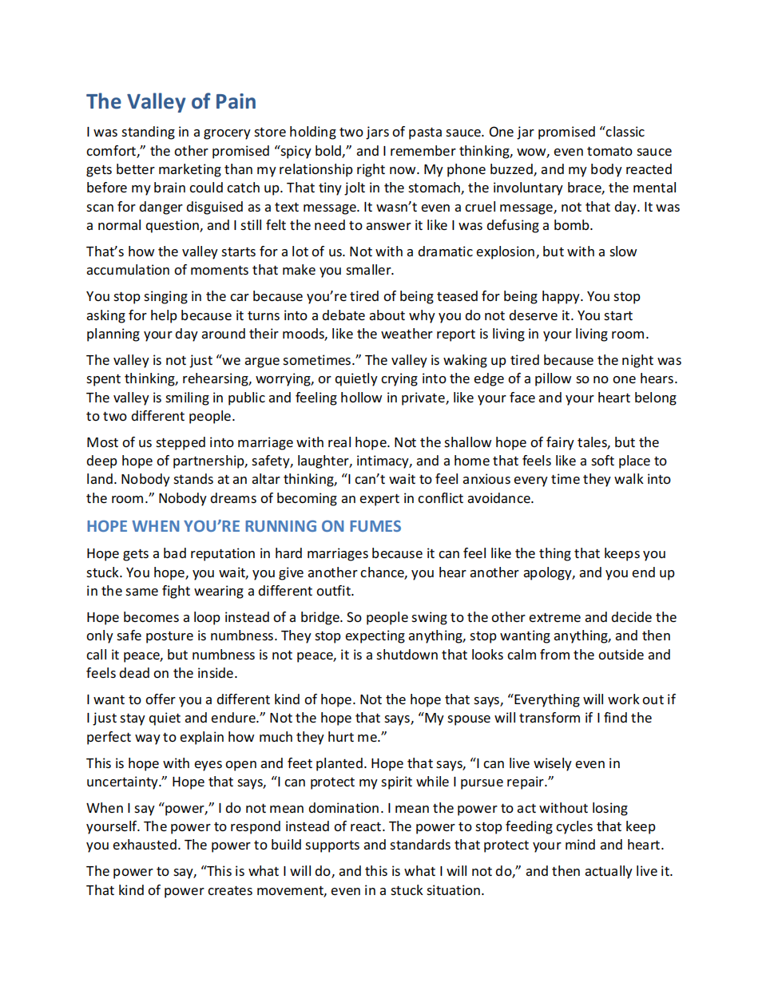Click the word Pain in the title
coord(236,102)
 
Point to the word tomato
coord(597,151)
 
